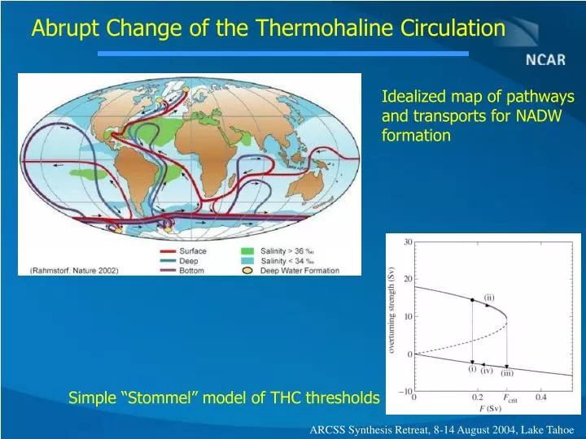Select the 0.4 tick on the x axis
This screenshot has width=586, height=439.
tap(540, 398)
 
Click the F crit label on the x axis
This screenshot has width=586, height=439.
tap(511, 399)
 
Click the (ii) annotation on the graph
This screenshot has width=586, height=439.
tap(489, 298)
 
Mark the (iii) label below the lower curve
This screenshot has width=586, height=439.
tap(506, 373)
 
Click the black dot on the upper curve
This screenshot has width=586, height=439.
tap(472, 300)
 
